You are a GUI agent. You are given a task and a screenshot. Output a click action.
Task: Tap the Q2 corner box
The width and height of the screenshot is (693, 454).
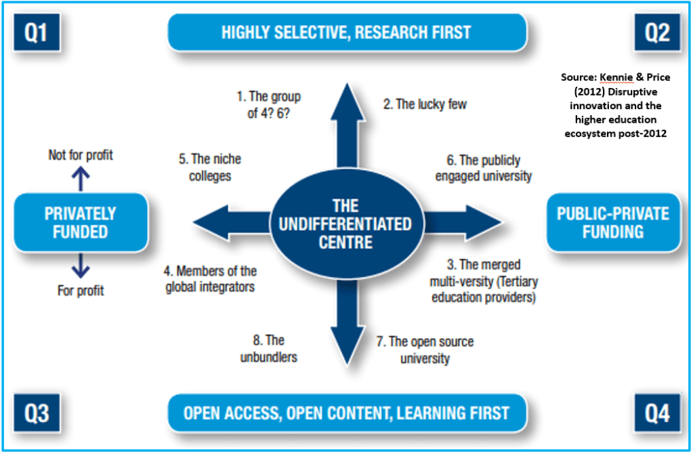[x=656, y=32]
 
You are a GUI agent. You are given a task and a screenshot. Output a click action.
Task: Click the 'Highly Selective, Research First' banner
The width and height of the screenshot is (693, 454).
[x=347, y=32]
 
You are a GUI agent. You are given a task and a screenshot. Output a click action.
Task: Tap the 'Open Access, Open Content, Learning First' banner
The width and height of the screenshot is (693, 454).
[x=347, y=412]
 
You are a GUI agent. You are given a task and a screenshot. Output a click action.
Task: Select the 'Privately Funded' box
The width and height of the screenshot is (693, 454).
[x=81, y=223]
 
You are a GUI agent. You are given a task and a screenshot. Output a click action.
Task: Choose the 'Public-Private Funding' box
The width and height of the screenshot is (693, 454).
[x=612, y=223]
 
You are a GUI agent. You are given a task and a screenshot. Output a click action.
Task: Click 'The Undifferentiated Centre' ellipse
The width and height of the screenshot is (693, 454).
[x=347, y=223]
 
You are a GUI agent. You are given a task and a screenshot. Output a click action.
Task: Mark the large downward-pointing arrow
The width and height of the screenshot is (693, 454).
[x=347, y=325]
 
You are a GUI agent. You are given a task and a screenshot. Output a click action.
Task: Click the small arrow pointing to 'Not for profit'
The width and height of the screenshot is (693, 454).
[x=81, y=179]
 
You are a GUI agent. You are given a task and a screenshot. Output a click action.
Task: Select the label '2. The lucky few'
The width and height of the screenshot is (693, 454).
[x=424, y=104]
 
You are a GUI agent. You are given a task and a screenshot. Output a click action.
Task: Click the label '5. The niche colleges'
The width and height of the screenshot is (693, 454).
[x=210, y=167]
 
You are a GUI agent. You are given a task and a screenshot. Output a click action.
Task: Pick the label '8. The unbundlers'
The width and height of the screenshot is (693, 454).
[x=268, y=348]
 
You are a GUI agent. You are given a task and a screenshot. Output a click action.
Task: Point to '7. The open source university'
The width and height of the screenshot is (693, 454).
[x=425, y=350]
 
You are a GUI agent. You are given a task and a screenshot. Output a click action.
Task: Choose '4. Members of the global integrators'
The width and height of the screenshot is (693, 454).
[x=210, y=279]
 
